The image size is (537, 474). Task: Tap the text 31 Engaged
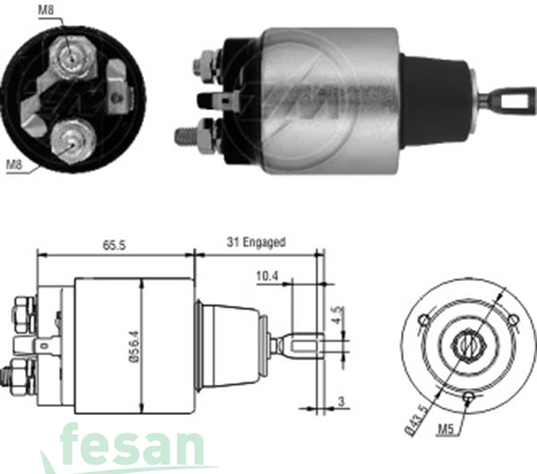click(257, 242)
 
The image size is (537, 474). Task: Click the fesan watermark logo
click(134, 445)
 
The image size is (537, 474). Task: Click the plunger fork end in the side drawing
click(304, 344)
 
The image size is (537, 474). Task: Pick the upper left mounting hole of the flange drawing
click(423, 320)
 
